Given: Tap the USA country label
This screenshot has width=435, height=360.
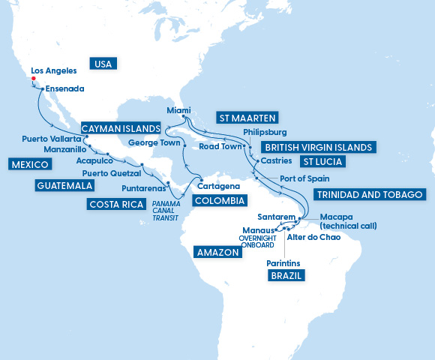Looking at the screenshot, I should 103,64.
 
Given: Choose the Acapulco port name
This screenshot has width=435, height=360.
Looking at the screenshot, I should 94,160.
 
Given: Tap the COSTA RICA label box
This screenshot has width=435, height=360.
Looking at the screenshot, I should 116,204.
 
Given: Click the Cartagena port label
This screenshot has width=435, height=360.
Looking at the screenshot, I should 217,185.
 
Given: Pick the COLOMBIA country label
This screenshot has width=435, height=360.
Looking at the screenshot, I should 219,201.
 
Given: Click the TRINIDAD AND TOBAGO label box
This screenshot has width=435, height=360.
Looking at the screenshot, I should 370,194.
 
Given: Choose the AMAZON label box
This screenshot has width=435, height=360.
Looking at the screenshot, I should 217,253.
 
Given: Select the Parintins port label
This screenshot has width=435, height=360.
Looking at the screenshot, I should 283,263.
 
